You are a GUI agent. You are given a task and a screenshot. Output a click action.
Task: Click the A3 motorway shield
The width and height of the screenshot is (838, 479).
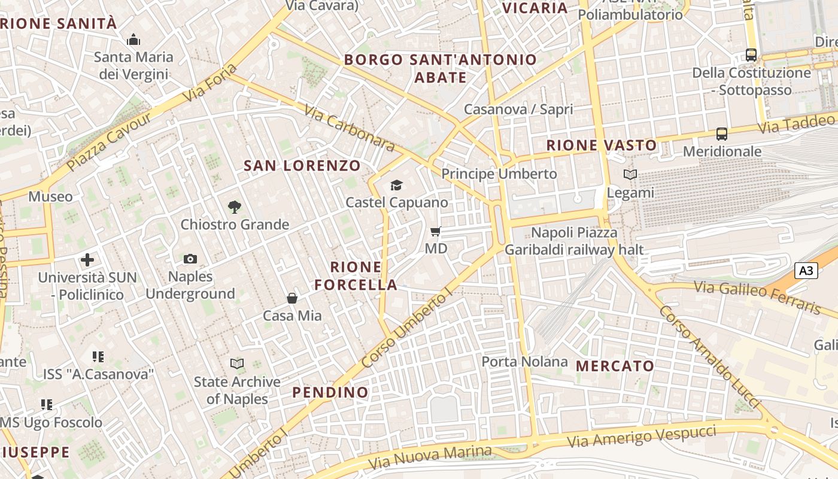click(x=806, y=271)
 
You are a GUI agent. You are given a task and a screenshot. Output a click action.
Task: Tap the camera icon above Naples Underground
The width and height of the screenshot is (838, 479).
click(x=190, y=259)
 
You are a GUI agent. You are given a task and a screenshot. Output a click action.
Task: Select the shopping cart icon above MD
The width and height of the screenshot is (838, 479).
click(x=436, y=231)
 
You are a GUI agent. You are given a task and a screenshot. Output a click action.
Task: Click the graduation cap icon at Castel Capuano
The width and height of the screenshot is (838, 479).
click(x=396, y=185)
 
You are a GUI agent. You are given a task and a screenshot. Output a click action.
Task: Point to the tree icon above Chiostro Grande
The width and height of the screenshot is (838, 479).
click(x=235, y=207)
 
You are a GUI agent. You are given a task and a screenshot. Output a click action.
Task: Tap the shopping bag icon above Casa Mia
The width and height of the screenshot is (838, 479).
click(x=292, y=298)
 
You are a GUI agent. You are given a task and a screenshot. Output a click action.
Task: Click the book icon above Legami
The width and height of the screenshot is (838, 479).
click(x=630, y=175)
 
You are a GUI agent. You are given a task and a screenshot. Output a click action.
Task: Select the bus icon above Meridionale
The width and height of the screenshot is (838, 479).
click(x=722, y=134)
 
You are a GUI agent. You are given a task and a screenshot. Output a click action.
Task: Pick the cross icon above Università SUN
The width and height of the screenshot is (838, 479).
click(x=87, y=260)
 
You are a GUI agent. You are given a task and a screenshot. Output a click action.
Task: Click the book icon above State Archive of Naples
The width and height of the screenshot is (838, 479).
click(x=237, y=363)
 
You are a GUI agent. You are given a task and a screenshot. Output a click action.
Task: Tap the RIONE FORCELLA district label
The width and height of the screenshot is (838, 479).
click(x=356, y=275)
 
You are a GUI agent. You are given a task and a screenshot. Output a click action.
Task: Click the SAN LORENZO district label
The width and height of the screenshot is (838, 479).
click(x=302, y=166)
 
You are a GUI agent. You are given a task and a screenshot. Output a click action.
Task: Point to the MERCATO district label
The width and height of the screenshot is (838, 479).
click(x=615, y=366)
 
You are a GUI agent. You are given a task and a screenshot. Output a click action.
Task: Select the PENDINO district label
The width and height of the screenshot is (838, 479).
click(x=330, y=392)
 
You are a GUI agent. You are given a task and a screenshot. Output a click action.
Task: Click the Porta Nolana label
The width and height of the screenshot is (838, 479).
click(x=524, y=362)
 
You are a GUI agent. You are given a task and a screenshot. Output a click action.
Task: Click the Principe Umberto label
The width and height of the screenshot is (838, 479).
click(x=499, y=174)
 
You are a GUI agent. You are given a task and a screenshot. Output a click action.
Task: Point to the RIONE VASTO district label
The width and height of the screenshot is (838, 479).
click(x=602, y=145)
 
